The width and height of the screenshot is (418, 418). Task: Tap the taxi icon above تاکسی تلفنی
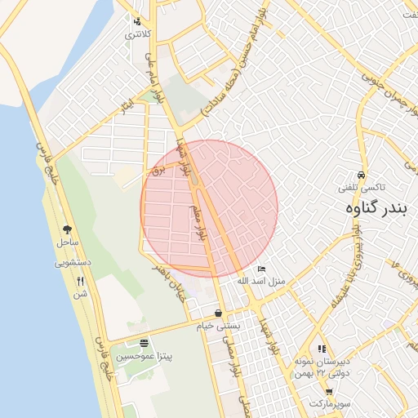[361, 176]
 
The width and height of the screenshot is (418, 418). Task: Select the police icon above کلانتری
[136, 22]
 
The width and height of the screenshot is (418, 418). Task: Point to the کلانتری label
[136, 35]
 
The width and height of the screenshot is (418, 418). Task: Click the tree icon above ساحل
[67, 230]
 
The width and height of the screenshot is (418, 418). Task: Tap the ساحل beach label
[67, 242]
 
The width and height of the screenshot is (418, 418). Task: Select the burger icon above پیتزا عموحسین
[145, 344]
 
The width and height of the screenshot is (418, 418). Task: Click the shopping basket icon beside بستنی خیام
[218, 313]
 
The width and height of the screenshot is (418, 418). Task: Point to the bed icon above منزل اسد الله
[261, 269]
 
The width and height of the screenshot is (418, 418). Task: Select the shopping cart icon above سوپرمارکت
[329, 392]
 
